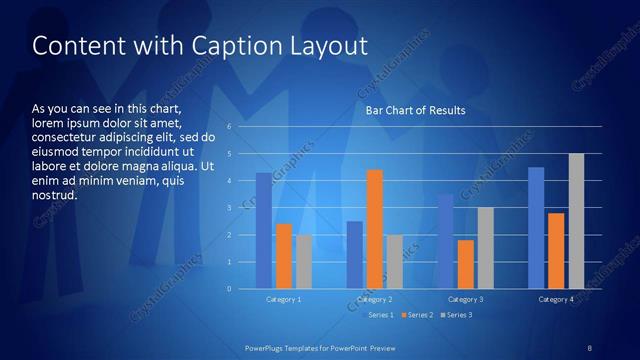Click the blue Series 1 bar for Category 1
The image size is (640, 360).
(263, 231)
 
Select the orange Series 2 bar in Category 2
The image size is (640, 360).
(375, 229)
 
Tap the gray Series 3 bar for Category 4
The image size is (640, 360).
(576, 221)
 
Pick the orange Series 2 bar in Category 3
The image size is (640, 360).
(465, 264)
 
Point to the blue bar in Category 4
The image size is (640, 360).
(536, 228)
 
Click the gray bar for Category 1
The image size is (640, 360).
(304, 262)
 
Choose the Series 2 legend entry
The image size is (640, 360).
(417, 315)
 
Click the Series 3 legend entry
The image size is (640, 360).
(458, 315)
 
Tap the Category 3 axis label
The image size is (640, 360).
(465, 299)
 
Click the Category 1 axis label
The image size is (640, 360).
(284, 299)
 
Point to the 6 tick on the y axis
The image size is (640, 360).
(230, 127)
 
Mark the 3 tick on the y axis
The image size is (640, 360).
(230, 208)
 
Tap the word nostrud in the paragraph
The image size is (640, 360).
(55, 195)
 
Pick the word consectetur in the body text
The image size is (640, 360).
(63, 136)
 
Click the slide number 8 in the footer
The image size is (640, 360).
(589, 347)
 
